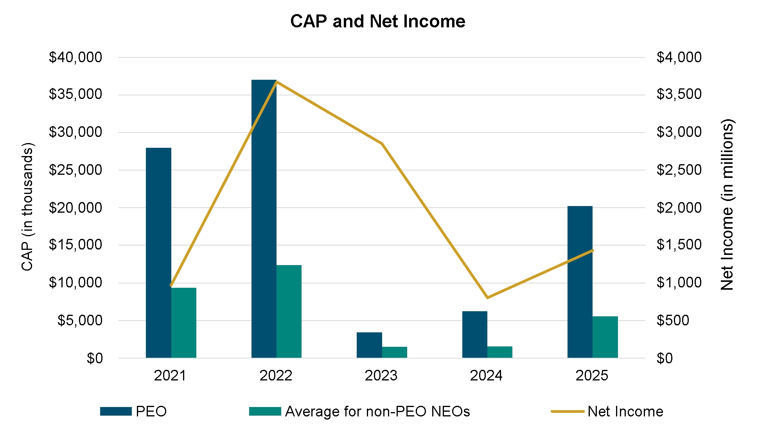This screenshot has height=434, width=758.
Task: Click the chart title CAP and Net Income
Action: tap(378, 22)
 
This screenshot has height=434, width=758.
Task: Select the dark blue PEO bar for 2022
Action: tap(264, 219)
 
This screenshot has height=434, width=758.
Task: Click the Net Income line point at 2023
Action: tap(382, 143)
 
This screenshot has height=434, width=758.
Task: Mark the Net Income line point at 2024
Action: tap(487, 298)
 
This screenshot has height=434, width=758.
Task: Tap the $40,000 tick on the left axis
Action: tap(75, 57)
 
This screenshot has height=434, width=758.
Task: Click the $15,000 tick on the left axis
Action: tap(75, 245)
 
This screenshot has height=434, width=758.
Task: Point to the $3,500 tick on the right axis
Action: tap(679, 94)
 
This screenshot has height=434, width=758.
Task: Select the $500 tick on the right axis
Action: tap(673, 320)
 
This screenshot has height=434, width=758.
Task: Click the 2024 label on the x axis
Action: tap(486, 376)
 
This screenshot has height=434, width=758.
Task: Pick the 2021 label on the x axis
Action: tap(170, 376)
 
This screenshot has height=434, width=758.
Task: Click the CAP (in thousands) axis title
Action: tap(27, 206)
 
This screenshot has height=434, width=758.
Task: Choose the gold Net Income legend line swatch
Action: tap(567, 411)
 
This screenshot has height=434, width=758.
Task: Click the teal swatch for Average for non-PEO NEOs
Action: tap(265, 411)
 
